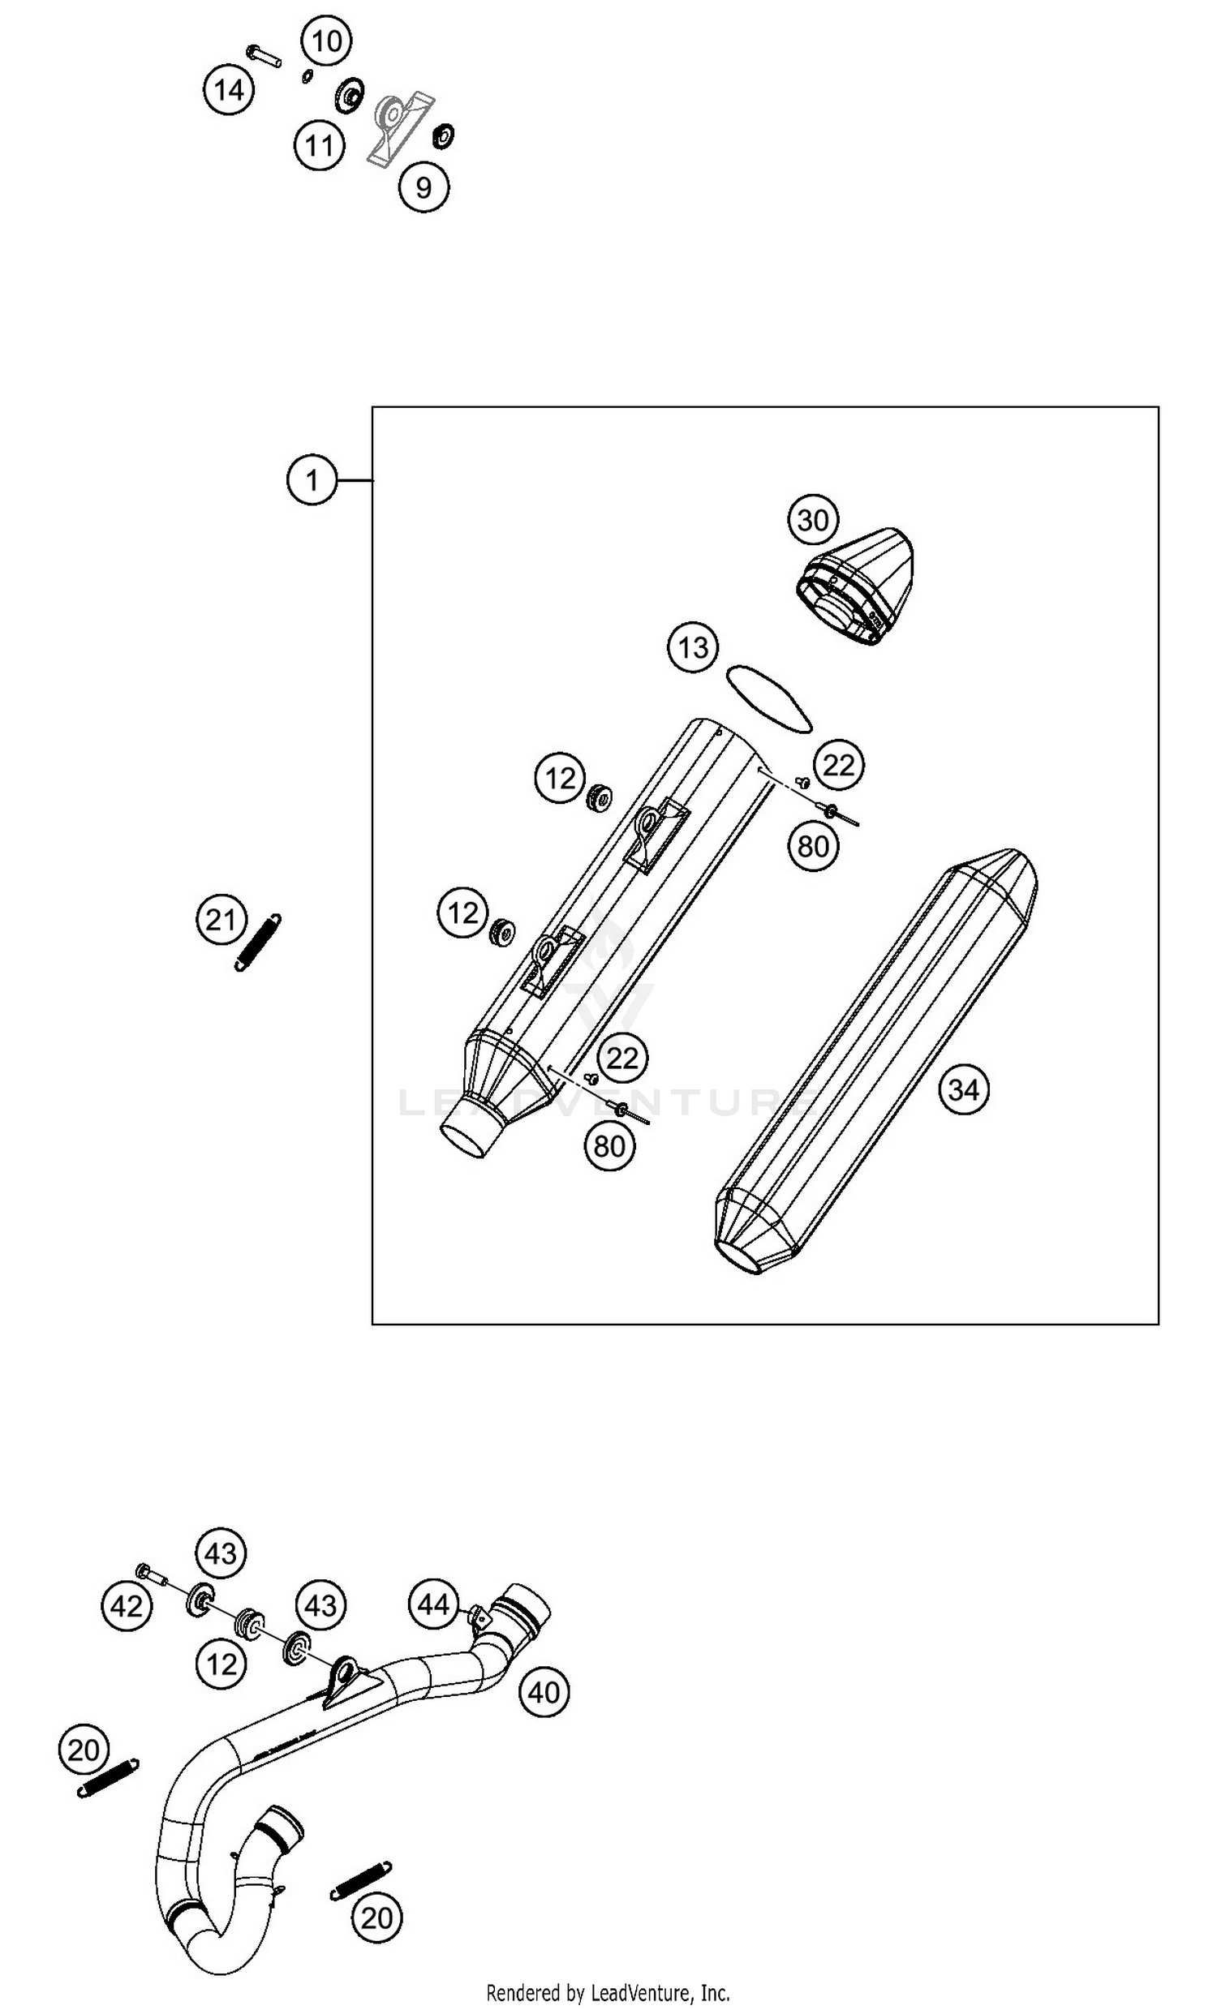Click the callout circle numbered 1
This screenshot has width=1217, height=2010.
coord(312,479)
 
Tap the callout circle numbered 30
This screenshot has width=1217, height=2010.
coord(813,520)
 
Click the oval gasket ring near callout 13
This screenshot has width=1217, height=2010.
coord(768,698)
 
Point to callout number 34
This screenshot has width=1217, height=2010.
coord(963,1089)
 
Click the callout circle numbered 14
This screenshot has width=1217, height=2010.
coord(229,90)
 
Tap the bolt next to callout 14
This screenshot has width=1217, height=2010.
coord(264,56)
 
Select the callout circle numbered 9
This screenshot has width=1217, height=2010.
coord(424,187)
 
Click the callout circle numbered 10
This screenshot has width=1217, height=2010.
coord(327,41)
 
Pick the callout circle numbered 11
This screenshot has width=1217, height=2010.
coord(319,145)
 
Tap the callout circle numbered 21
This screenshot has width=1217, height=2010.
coord(221,920)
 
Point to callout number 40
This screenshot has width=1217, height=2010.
coord(544,1692)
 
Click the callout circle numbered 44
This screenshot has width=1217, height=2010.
coord(433,1604)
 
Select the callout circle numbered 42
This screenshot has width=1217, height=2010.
coord(127,1606)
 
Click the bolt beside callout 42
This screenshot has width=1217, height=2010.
coord(151,1574)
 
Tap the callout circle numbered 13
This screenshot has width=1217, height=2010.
coord(694,648)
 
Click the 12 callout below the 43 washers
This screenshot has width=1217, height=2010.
coord(221,1664)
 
